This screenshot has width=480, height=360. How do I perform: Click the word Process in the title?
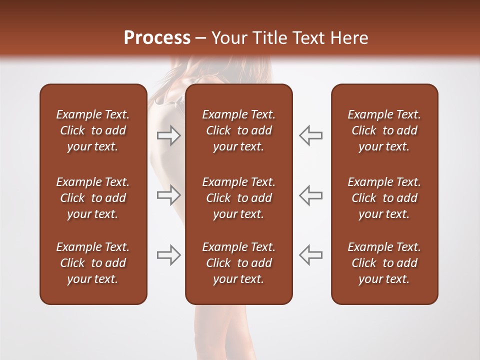pyautogui.click(x=157, y=38)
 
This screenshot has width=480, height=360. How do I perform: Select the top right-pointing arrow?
pyautogui.click(x=169, y=135)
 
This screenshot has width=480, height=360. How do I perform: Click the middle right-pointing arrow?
pyautogui.click(x=169, y=195)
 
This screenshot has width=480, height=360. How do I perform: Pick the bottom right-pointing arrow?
pyautogui.click(x=169, y=254)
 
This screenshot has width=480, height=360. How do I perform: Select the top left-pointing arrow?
pyautogui.click(x=311, y=135)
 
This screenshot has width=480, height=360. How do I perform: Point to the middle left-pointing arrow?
pyautogui.click(x=311, y=195)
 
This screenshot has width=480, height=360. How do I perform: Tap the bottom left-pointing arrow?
pyautogui.click(x=311, y=254)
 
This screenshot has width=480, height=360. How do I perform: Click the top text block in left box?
pyautogui.click(x=93, y=130)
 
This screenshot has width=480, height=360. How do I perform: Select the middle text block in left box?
pyautogui.click(x=93, y=198)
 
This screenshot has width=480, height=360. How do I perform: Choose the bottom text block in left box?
pyautogui.click(x=93, y=263)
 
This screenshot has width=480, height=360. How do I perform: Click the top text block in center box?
pyautogui.click(x=239, y=130)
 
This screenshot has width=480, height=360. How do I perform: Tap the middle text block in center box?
pyautogui.click(x=239, y=198)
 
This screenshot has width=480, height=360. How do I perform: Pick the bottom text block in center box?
pyautogui.click(x=239, y=263)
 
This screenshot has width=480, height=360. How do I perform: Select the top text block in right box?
pyautogui.click(x=384, y=130)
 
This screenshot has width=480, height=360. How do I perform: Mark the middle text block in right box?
pyautogui.click(x=384, y=198)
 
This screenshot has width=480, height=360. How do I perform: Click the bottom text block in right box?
pyautogui.click(x=384, y=263)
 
